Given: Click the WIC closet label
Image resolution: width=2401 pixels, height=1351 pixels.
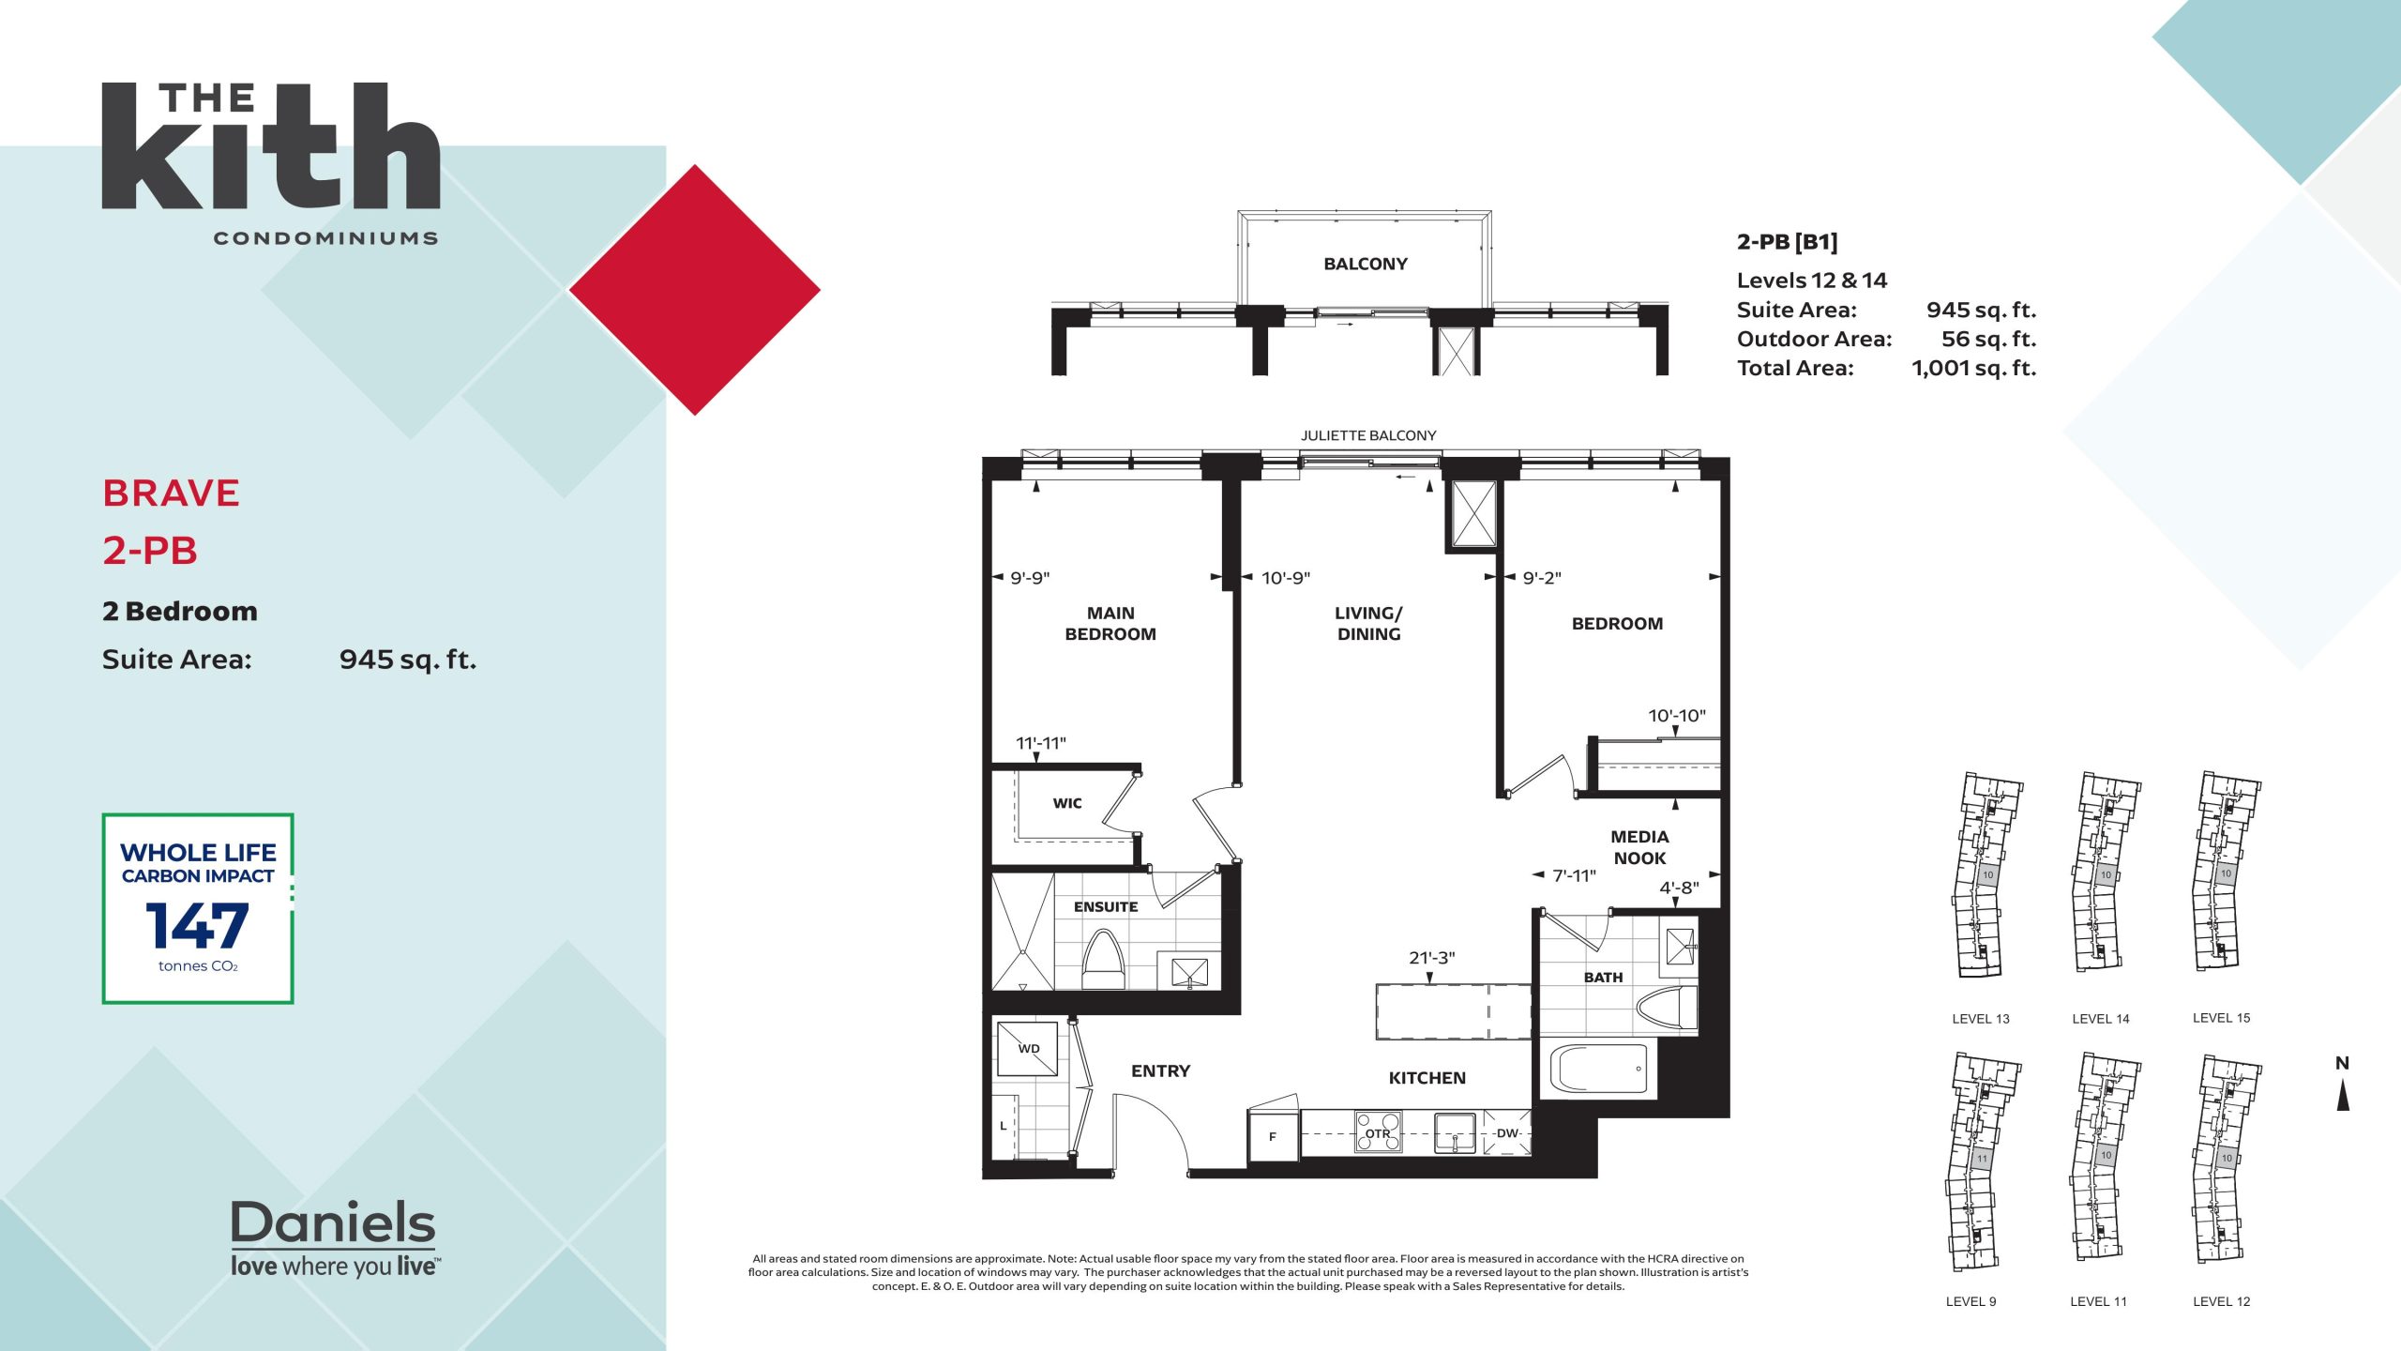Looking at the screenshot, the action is click(x=1067, y=803).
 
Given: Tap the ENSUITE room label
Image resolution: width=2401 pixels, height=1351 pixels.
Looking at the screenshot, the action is click(x=1106, y=907).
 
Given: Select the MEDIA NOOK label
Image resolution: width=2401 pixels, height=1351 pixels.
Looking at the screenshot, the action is click(x=1639, y=847).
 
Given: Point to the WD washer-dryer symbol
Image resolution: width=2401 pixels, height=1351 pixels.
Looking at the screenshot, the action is click(x=1028, y=1048).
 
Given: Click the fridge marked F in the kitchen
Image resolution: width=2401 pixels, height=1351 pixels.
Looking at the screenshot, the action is click(x=1273, y=1136).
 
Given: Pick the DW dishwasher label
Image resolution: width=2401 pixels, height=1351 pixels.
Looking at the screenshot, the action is click(x=1507, y=1133).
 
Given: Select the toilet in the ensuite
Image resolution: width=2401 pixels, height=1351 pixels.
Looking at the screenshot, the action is click(x=1103, y=960).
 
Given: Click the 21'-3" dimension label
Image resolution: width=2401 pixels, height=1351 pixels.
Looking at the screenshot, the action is click(x=1431, y=958).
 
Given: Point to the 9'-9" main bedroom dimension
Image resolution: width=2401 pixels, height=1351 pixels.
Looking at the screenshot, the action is click(x=1030, y=578).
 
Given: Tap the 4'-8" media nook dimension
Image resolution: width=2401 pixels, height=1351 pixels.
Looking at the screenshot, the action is click(x=1679, y=888).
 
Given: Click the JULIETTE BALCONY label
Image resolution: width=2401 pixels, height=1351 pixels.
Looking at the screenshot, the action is click(x=1368, y=435).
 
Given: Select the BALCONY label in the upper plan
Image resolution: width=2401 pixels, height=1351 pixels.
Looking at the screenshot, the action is click(x=1366, y=265).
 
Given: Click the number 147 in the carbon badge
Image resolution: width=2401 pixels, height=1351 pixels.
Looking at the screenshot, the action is click(x=197, y=926).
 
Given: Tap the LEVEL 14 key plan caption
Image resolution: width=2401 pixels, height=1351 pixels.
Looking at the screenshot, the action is click(x=2101, y=1019).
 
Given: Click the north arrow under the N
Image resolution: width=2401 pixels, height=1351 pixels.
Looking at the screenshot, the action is click(x=2343, y=1096).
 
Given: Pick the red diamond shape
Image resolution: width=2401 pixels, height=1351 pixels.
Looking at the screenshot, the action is click(x=695, y=290).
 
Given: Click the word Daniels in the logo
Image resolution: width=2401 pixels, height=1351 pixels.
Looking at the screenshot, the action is click(x=333, y=1222).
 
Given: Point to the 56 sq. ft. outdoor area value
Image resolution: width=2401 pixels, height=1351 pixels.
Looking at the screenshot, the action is click(x=1988, y=340).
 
